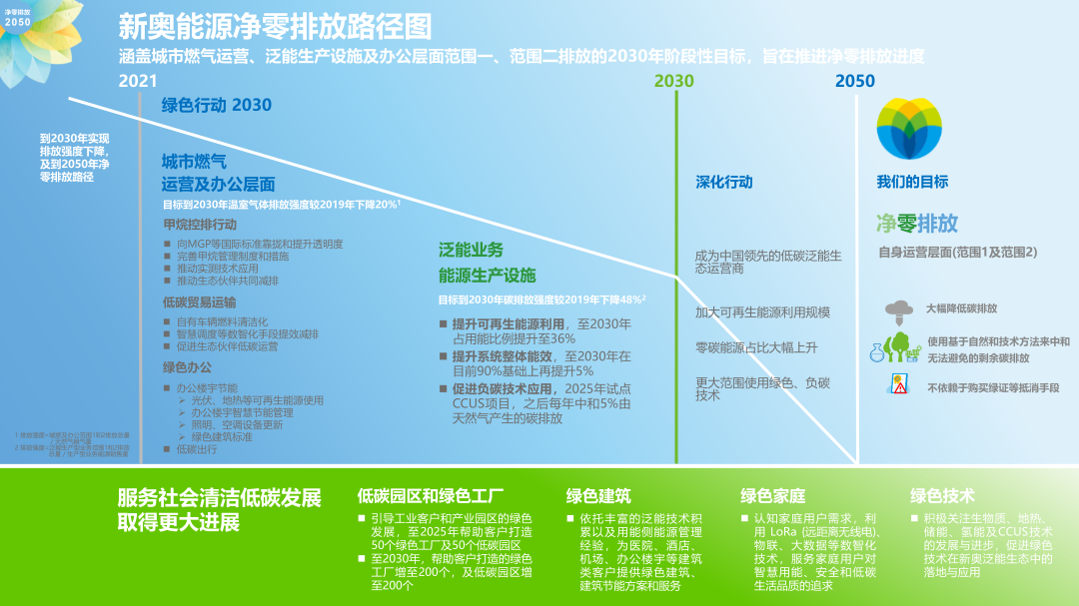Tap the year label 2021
click(x=138, y=82)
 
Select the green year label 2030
click(x=674, y=82)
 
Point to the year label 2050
click(x=855, y=82)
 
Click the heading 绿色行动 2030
click(x=216, y=105)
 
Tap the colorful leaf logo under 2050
click(x=909, y=130)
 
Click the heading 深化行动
click(x=724, y=183)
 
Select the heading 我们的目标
click(x=912, y=182)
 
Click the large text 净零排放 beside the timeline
click(x=916, y=222)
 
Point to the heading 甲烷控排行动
click(x=200, y=224)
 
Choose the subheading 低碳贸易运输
click(x=200, y=302)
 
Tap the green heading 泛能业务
click(x=471, y=250)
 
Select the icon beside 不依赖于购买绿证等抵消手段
click(x=898, y=386)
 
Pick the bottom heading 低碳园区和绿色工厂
click(x=430, y=496)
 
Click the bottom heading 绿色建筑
click(x=598, y=496)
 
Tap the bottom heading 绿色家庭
click(x=772, y=496)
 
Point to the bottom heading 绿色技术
click(x=942, y=496)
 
